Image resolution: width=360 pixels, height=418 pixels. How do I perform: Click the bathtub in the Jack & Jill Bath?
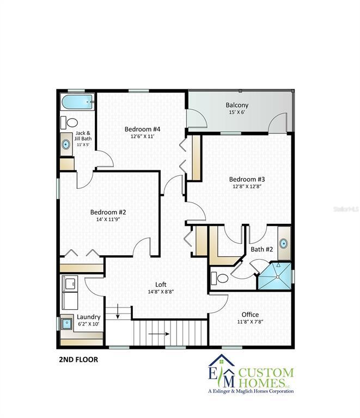tap(77, 102)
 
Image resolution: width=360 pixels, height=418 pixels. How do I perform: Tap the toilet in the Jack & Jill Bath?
tap(69, 122)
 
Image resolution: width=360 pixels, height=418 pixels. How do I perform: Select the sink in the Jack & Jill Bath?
tap(66, 144)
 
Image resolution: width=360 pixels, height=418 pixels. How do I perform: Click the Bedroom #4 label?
tap(142, 130)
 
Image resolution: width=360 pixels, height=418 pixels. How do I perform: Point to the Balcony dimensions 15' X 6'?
tap(237, 112)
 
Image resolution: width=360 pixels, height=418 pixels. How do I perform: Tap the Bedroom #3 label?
tap(247, 179)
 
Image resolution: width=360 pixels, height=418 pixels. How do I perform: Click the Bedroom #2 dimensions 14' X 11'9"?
tap(108, 219)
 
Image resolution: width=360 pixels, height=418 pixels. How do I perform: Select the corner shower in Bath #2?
tap(274, 276)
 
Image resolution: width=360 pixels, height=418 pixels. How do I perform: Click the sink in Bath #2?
tap(283, 244)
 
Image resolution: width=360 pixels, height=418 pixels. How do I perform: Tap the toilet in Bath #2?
tap(219, 279)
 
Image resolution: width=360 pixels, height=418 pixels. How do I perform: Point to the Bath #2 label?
tap(261, 249)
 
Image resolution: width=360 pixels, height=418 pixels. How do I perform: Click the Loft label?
tap(161, 285)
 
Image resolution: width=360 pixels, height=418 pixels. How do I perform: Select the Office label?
tap(250, 315)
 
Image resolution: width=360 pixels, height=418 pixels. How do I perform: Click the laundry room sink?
tap(66, 323)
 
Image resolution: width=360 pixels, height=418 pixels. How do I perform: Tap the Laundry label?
tap(89, 317)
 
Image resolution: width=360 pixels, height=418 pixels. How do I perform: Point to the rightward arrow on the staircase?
tap(159, 334)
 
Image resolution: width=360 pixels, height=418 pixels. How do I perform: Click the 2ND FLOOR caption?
tap(78, 360)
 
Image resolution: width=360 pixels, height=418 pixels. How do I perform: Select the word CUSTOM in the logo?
tap(266, 373)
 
